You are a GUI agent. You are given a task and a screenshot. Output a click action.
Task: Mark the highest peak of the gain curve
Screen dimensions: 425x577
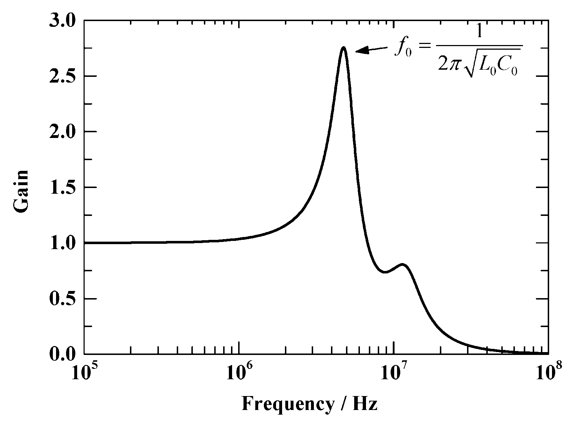pyautogui.click(x=343, y=47)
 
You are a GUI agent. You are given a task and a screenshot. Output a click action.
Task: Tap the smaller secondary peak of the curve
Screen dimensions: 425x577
pyautogui.click(x=403, y=265)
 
